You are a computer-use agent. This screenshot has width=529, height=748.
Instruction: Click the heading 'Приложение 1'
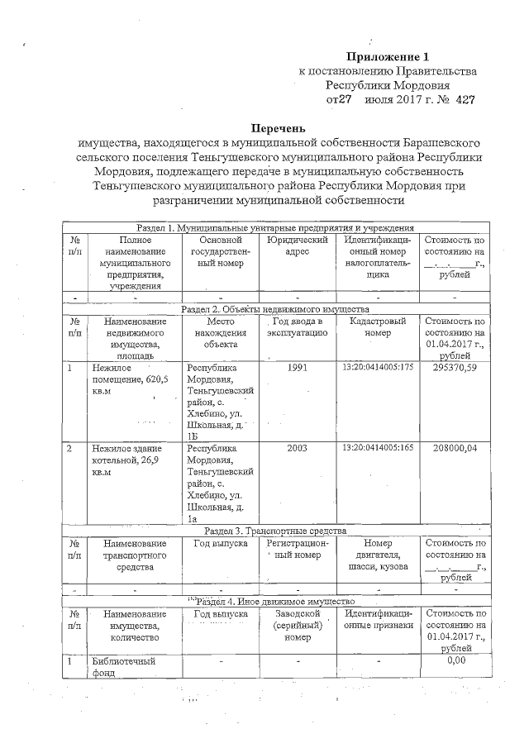(388, 57)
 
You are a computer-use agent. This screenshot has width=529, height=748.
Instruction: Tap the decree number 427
(463, 100)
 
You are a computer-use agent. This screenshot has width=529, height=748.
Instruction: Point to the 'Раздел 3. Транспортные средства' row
(275, 531)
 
